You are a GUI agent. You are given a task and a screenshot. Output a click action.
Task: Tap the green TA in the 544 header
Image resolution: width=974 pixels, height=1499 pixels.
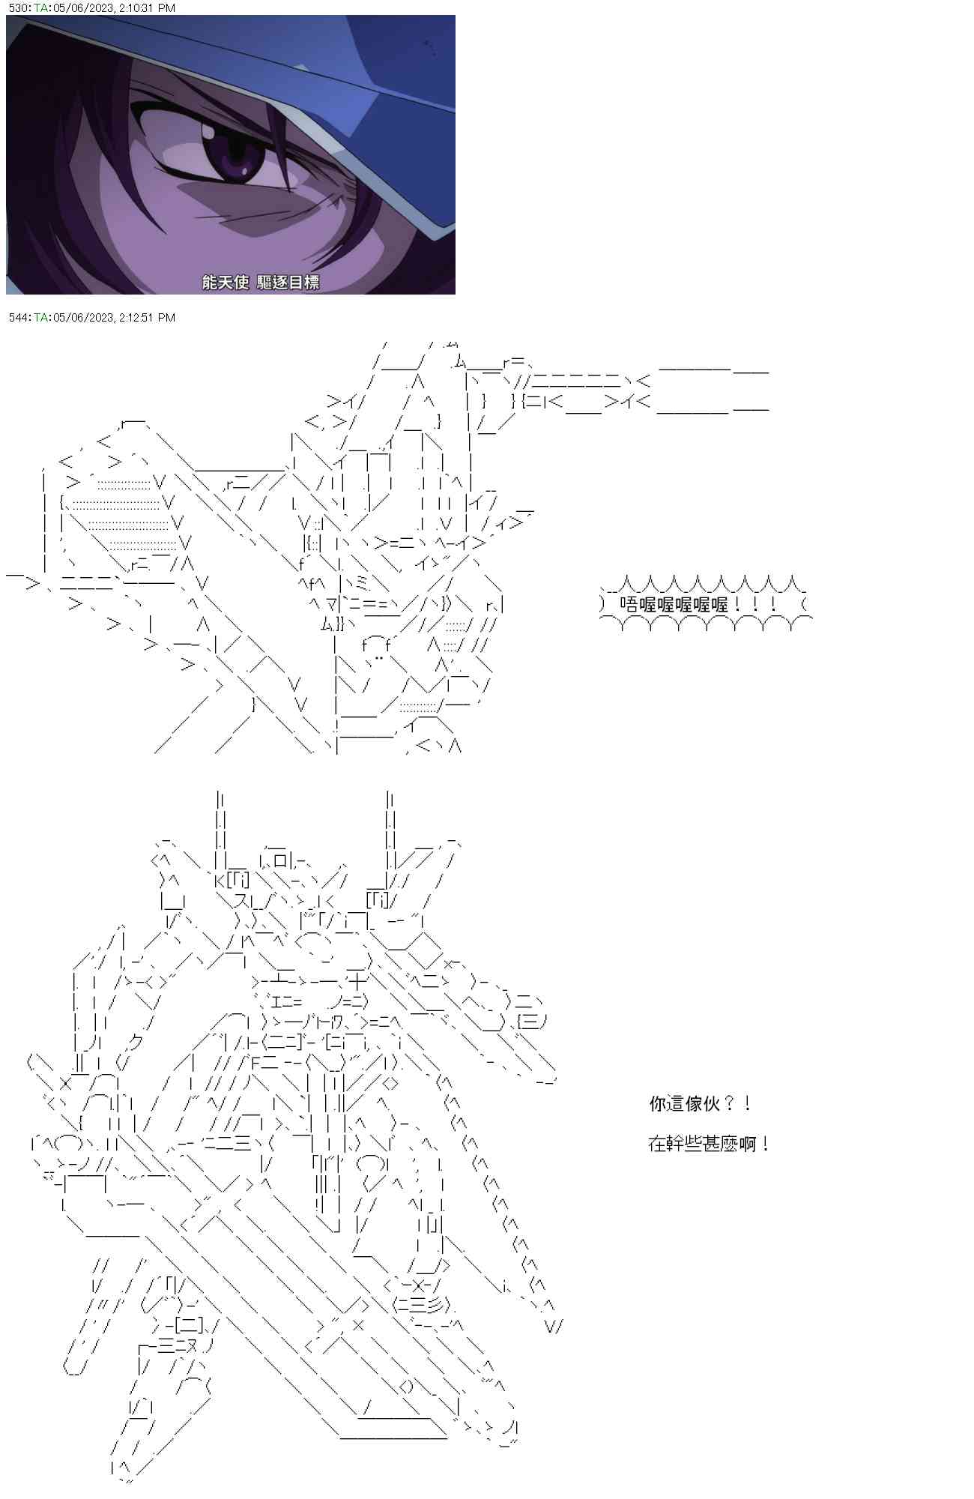pos(40,318)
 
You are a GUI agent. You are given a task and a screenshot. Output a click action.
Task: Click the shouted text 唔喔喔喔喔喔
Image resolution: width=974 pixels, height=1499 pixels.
pos(674,604)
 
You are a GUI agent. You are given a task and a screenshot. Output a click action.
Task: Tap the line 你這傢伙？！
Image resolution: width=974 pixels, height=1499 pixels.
pos(701,1103)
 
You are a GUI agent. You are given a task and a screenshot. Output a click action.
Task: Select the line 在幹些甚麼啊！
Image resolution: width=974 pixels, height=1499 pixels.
pos(709,1144)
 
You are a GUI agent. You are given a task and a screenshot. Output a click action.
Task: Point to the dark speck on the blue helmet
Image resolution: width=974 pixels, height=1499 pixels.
pos(430,46)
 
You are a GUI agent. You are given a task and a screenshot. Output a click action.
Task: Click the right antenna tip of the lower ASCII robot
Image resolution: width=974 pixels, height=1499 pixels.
pos(390,793)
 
